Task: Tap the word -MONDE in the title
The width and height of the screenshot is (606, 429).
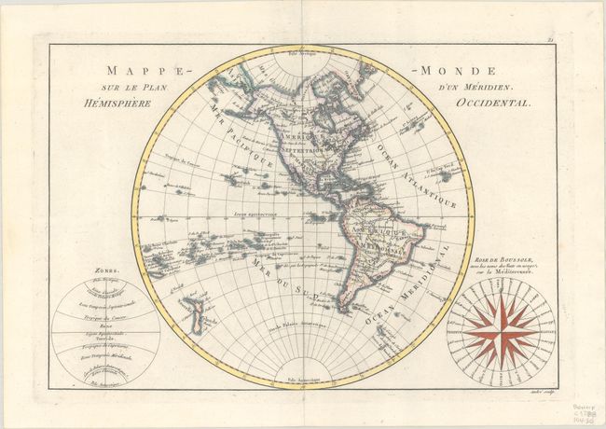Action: tap(461, 71)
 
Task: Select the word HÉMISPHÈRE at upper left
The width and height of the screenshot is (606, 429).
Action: tap(130, 104)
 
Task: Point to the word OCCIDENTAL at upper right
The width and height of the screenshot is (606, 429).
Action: tap(492, 104)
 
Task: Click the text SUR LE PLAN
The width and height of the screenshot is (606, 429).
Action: tap(136, 89)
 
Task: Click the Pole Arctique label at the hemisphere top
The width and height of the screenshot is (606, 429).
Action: tap(301, 55)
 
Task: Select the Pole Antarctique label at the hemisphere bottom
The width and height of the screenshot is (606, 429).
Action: tap(300, 381)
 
